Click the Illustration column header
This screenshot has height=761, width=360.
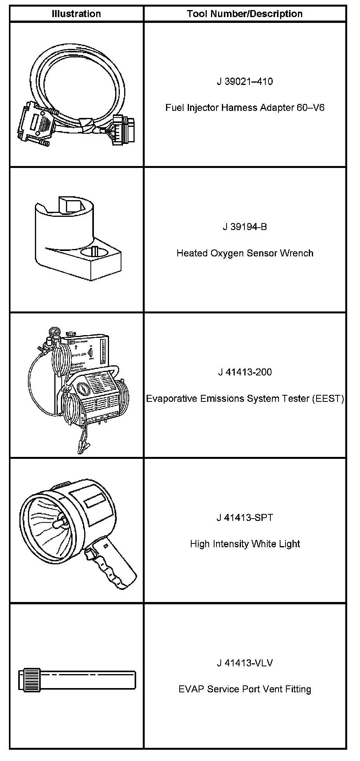click(76, 14)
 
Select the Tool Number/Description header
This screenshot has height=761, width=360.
click(244, 14)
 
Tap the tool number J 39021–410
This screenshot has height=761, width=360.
click(245, 81)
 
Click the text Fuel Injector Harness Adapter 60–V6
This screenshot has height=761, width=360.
click(245, 107)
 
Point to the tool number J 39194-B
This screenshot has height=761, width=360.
click(245, 227)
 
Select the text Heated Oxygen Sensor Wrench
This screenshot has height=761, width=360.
click(245, 253)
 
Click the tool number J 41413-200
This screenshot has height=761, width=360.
click(245, 372)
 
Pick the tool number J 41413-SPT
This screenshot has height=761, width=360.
click(245, 518)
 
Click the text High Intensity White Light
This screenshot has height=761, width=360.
click(245, 544)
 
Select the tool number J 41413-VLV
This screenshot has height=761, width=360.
click(245, 663)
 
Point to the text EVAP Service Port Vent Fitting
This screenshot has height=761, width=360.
click(245, 689)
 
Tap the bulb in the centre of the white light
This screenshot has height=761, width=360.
click(59, 525)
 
